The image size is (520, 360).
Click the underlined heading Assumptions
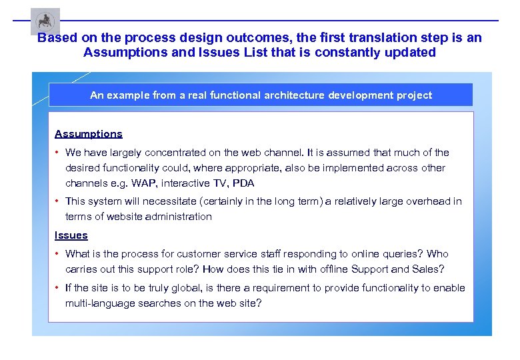tap(89, 134)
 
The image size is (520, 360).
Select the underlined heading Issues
tap(71, 235)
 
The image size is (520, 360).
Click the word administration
tap(179, 217)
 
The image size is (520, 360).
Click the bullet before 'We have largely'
tap(58, 153)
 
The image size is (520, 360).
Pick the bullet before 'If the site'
tap(58, 288)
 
